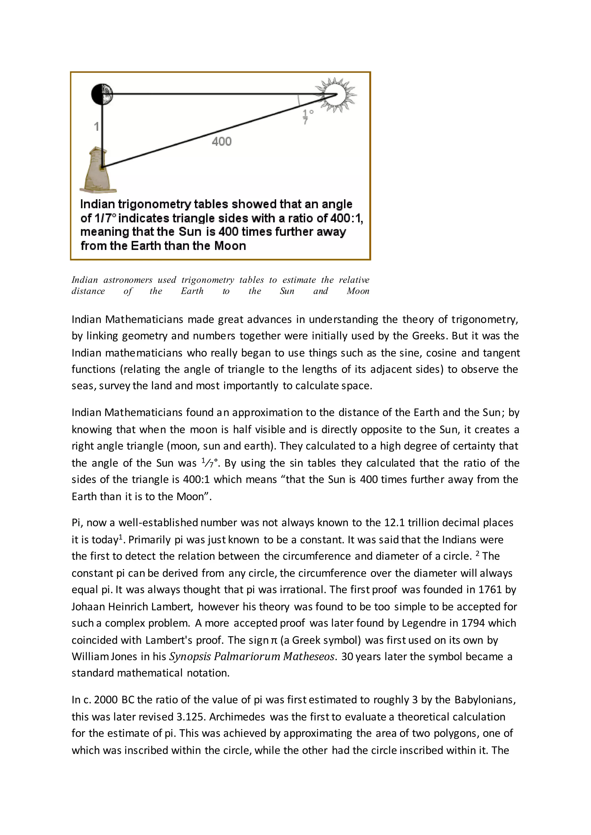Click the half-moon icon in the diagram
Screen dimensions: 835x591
pyautogui.click(x=102, y=94)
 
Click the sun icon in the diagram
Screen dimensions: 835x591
pyautogui.click(x=336, y=95)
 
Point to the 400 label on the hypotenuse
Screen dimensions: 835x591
pyautogui.click(x=222, y=142)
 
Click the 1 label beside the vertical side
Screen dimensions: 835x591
pyautogui.click(x=96, y=127)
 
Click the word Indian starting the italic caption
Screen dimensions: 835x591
pyautogui.click(x=85, y=280)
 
